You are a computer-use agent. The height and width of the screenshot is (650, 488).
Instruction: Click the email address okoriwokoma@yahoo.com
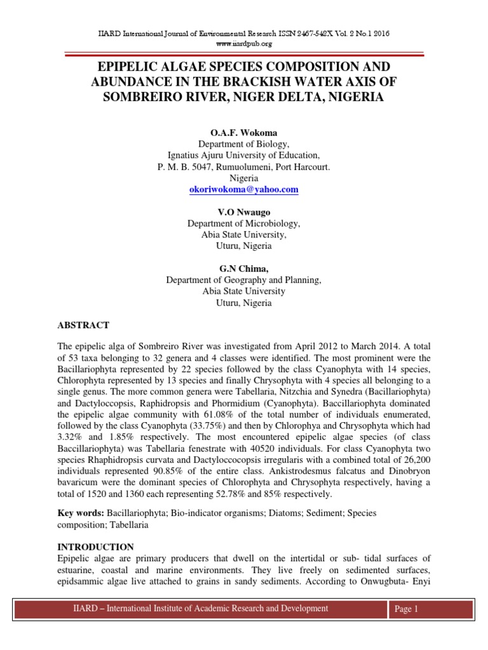click(x=244, y=190)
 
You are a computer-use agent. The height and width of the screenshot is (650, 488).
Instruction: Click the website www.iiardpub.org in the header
click(x=244, y=44)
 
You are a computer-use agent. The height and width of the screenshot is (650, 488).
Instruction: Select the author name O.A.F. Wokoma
click(x=244, y=132)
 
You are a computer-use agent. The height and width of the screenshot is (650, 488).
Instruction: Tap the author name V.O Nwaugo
click(x=244, y=212)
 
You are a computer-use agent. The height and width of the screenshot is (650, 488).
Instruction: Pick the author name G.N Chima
click(x=244, y=269)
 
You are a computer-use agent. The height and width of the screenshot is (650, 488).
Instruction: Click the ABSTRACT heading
click(x=83, y=325)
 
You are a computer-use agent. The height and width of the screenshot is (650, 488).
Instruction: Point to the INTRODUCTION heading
click(x=95, y=547)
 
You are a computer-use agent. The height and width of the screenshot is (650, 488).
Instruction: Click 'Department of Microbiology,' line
click(x=244, y=223)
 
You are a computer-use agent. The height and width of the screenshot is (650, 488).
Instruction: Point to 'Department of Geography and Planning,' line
click(x=244, y=280)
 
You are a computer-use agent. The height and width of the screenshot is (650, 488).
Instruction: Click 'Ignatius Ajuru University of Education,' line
click(x=244, y=156)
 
